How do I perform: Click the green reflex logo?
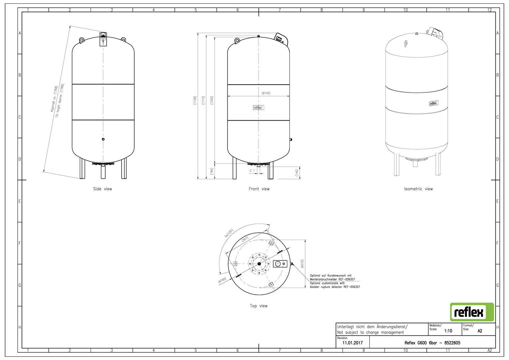[x=472, y=312]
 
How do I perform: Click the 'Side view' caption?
[x=103, y=189]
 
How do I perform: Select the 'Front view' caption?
[x=259, y=189]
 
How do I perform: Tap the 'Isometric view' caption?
[x=418, y=189]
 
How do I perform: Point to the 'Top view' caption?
[x=258, y=306]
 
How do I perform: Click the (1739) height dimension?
[x=195, y=100]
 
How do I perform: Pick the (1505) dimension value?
[x=212, y=100]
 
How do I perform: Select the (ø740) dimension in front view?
[x=266, y=93]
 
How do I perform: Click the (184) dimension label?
[x=212, y=171]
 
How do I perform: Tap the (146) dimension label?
[x=297, y=173]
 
